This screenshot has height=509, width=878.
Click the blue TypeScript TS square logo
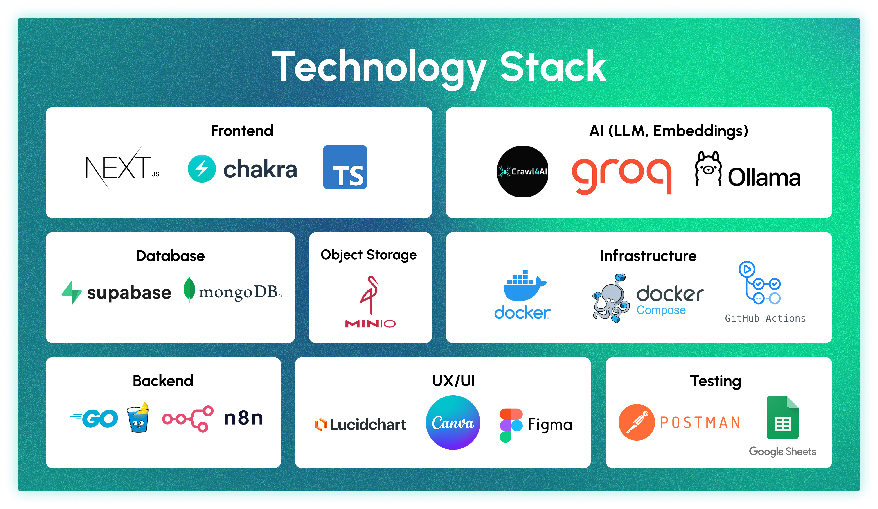click(345, 167)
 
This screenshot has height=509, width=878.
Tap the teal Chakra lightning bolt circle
click(202, 168)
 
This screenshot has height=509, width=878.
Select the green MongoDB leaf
click(189, 289)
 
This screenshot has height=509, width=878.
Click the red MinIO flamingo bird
click(370, 294)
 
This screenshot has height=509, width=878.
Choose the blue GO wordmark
click(95, 418)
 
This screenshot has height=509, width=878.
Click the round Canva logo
click(453, 422)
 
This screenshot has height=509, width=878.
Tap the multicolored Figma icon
click(511, 425)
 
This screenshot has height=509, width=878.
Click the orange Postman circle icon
click(636, 422)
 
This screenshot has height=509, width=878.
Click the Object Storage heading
click(369, 255)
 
